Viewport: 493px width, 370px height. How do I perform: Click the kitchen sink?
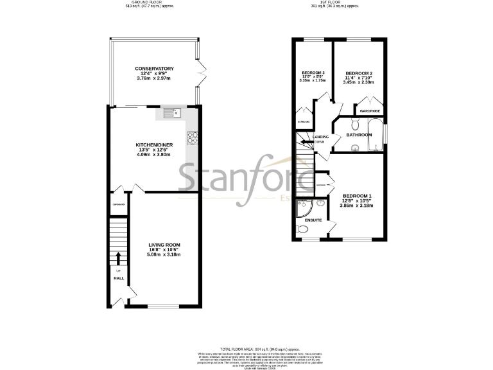[173, 114]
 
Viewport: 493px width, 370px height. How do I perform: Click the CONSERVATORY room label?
[155, 69]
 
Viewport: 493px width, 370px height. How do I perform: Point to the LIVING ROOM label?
[164, 245]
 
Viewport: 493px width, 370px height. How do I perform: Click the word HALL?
[119, 278]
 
